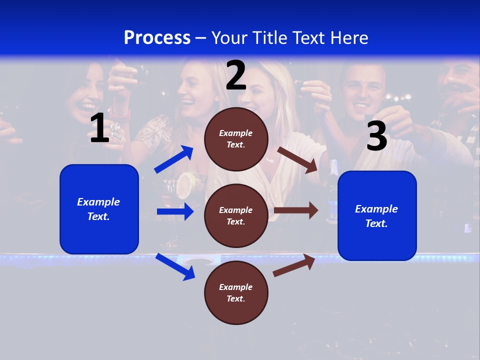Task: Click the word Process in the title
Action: pos(157,38)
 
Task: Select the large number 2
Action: pos(235,75)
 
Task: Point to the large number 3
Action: pos(376,136)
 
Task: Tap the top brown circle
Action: pos(236,139)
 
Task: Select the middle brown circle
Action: pos(236,215)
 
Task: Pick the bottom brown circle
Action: pos(236,292)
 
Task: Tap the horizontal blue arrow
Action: pos(175,211)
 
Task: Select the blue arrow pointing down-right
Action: pos(175,266)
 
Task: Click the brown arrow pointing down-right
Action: pos(297,159)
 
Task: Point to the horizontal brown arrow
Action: pos(296,210)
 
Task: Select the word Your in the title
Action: pos(229,38)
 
